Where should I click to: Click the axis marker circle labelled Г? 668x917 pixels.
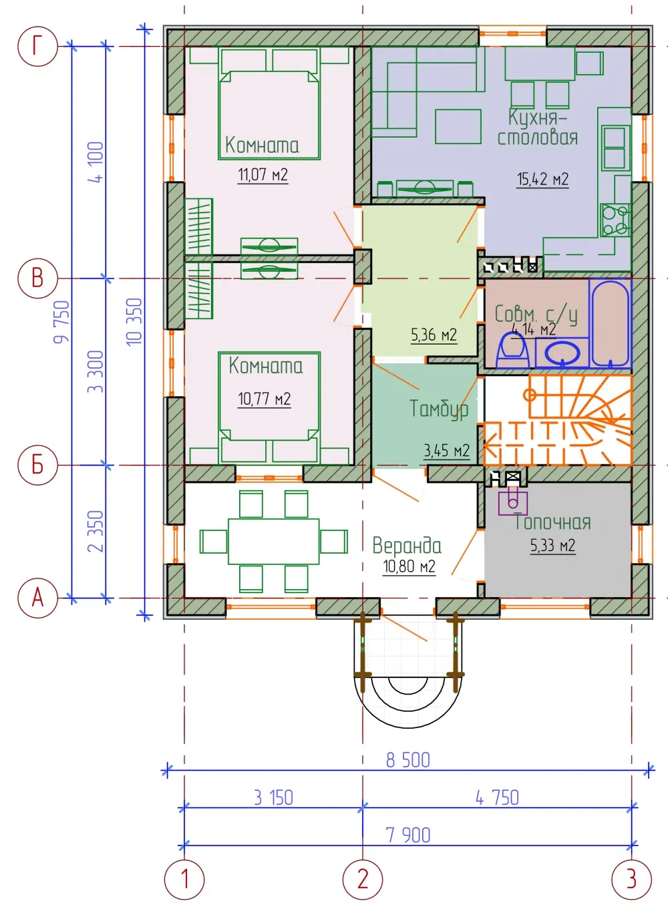tap(37, 46)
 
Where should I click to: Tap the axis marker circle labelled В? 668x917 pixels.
tap(37, 279)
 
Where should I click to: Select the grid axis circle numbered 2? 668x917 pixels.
tap(363, 879)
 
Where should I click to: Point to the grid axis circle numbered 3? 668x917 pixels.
tap(631, 879)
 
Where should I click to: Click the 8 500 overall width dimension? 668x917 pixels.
tap(408, 760)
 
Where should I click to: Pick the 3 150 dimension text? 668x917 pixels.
tap(273, 798)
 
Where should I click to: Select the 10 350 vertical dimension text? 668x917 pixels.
tap(134, 322)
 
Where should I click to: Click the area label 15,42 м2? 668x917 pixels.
tap(542, 179)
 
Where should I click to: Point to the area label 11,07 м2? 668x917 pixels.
tap(263, 175)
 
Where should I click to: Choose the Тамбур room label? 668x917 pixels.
tap(439, 409)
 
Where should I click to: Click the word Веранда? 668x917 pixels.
tap(407, 545)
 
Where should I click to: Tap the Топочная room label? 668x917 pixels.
tap(552, 522)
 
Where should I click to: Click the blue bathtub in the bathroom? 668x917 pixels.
tap(610, 323)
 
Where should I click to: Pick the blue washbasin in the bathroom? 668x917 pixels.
tap(562, 353)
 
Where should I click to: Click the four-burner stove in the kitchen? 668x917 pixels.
tap(615, 220)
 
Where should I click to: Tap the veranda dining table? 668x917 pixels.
tap(274, 541)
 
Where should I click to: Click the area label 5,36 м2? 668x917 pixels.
tap(434, 335)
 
